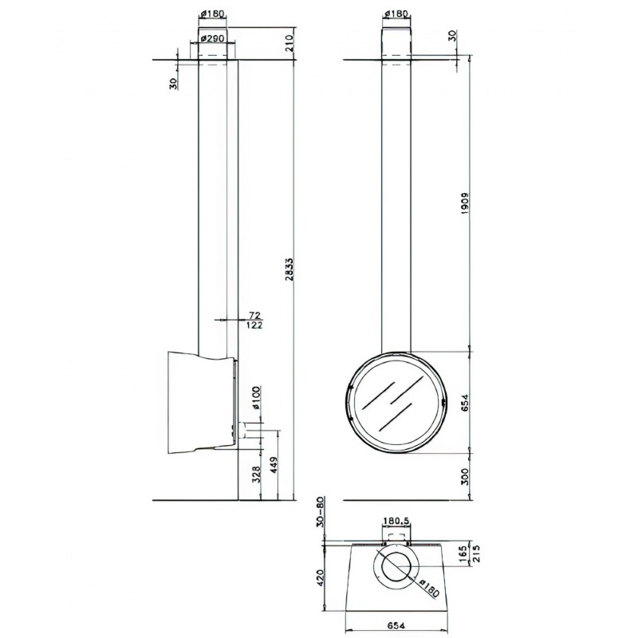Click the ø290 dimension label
212,38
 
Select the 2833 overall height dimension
289,269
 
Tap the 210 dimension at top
289,43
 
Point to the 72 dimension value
254,315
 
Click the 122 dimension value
254,325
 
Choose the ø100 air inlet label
256,397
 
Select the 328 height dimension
256,475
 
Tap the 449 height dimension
274,465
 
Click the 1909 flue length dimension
466,204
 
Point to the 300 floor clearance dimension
466,476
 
